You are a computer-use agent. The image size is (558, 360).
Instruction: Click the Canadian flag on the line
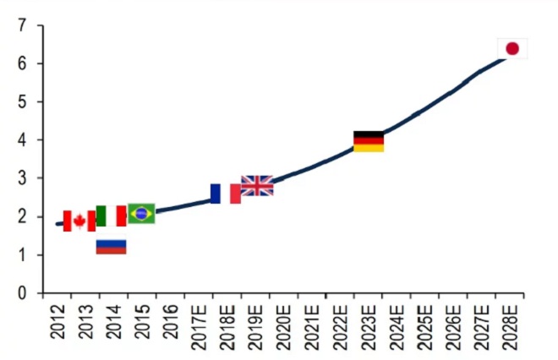(79, 221)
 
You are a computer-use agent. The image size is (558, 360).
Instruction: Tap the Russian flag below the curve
(111, 246)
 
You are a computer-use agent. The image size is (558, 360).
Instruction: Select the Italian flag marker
(111, 215)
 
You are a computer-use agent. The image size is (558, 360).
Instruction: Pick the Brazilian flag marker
(140, 213)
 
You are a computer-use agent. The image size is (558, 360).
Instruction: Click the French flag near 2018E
(226, 194)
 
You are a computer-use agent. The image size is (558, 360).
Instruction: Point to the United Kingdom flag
(257, 186)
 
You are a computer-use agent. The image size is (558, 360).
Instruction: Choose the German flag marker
(369, 141)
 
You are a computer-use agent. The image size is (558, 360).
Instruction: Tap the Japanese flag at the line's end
(511, 48)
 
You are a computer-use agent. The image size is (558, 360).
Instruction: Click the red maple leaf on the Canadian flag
(79, 221)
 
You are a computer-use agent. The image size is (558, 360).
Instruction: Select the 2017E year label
(199, 326)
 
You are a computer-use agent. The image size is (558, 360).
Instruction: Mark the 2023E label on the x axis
(369, 326)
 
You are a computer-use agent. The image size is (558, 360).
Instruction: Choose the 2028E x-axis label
(511, 326)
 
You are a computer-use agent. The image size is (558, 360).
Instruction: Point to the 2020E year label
(284, 326)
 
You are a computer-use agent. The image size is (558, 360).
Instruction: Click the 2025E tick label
(426, 326)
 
